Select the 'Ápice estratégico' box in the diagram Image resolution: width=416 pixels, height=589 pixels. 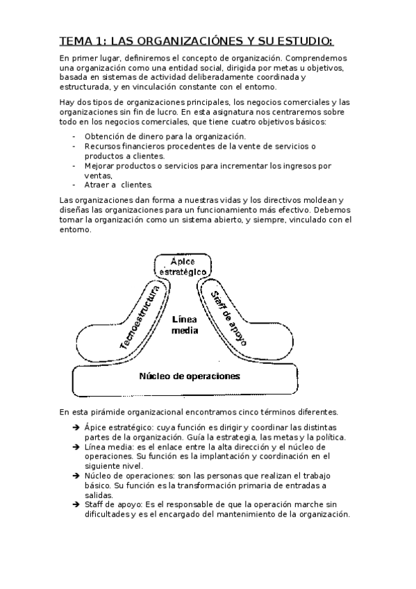coord(185,265)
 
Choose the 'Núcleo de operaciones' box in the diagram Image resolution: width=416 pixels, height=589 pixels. coord(190,377)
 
